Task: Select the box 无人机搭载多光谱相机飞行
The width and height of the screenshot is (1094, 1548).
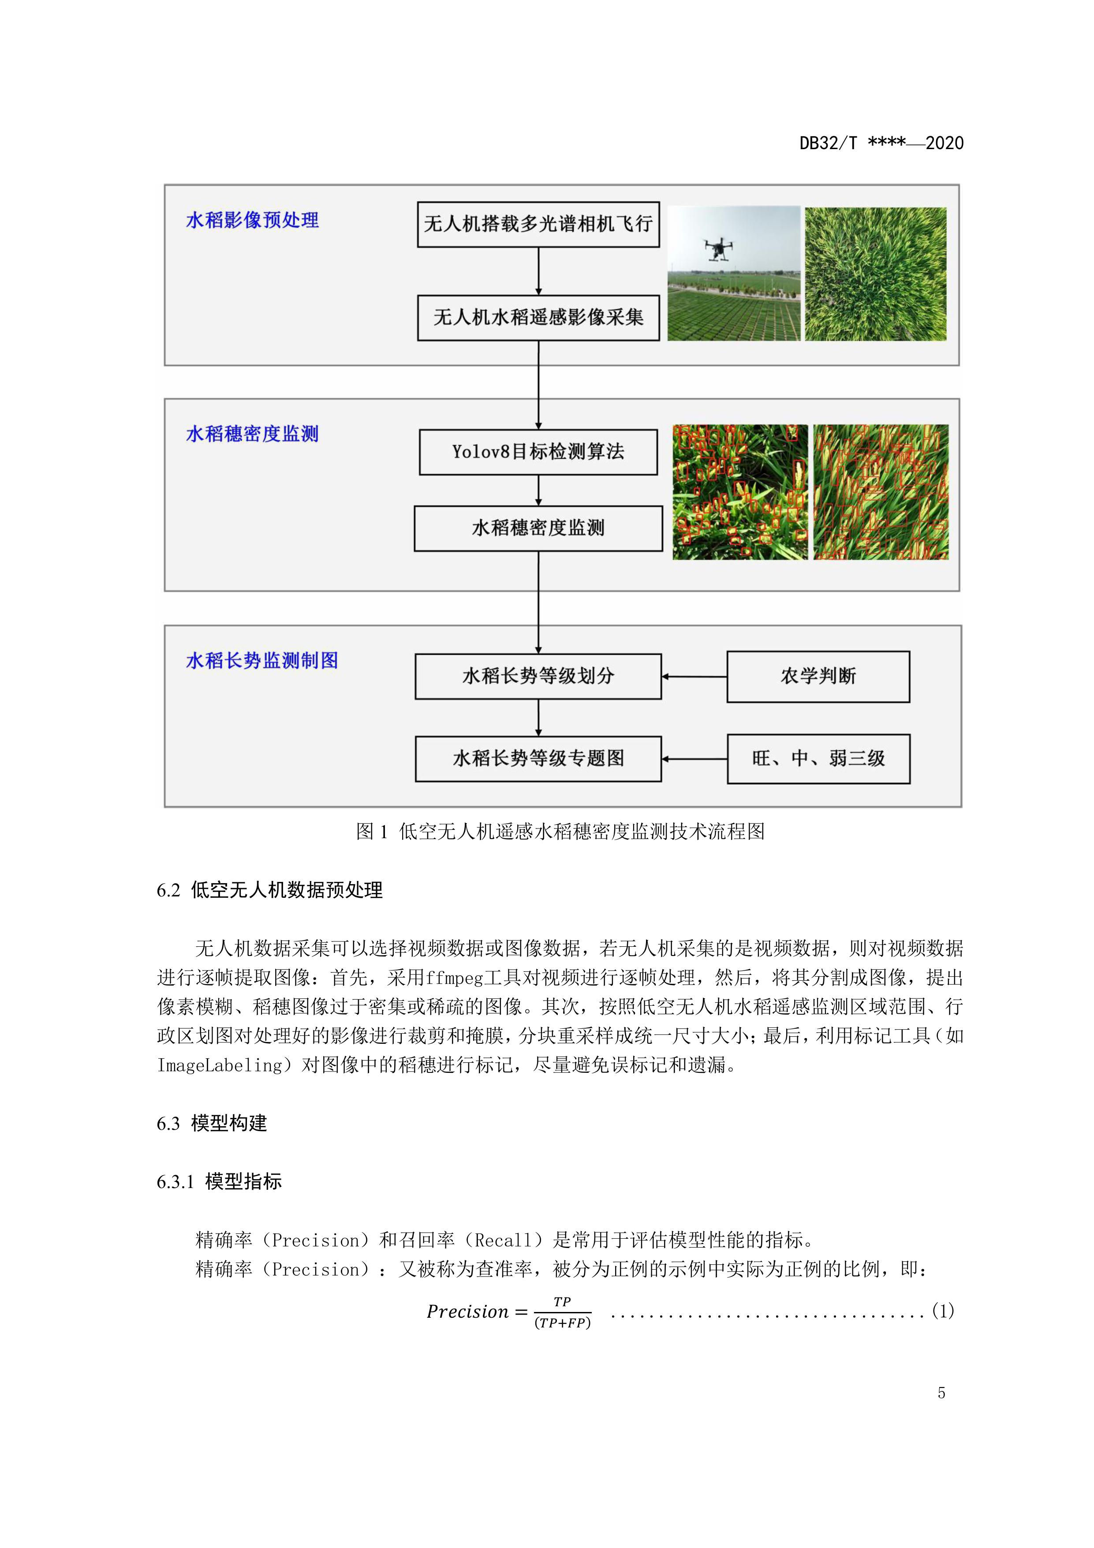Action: (x=538, y=225)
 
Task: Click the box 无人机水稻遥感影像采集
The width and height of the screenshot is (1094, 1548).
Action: (x=538, y=318)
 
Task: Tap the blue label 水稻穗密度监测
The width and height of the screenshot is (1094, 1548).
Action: (x=252, y=434)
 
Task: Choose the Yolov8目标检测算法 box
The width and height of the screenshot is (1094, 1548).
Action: (x=538, y=452)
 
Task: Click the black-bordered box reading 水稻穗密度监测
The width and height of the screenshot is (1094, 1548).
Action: (x=538, y=528)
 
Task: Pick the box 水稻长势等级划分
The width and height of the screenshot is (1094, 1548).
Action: (x=538, y=676)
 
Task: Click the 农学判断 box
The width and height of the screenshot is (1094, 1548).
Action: (x=818, y=677)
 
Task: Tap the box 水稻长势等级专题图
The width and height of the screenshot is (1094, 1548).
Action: (x=538, y=759)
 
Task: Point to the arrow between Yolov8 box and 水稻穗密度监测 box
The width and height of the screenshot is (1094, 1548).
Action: (x=538, y=490)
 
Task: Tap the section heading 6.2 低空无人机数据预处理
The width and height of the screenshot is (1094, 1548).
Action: (x=269, y=891)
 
